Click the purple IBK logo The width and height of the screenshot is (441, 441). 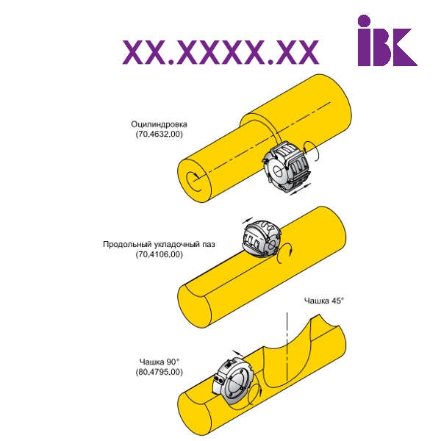(387, 40)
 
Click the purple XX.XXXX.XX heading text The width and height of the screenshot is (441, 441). (220, 52)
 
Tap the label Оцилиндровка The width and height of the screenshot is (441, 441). (159, 124)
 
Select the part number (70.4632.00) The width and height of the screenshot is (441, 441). (159, 134)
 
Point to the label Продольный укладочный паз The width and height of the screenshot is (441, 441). (159, 244)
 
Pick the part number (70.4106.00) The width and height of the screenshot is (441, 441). (159, 254)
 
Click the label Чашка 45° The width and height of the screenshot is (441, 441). (324, 301)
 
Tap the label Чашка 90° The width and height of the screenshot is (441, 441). (159, 362)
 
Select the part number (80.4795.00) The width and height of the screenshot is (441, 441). (159, 372)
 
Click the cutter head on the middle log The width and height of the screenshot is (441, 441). (261, 239)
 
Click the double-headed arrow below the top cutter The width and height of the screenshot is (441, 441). (301, 189)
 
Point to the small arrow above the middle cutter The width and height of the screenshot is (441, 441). (248, 220)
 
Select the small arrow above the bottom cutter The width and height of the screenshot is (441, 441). (238, 354)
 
